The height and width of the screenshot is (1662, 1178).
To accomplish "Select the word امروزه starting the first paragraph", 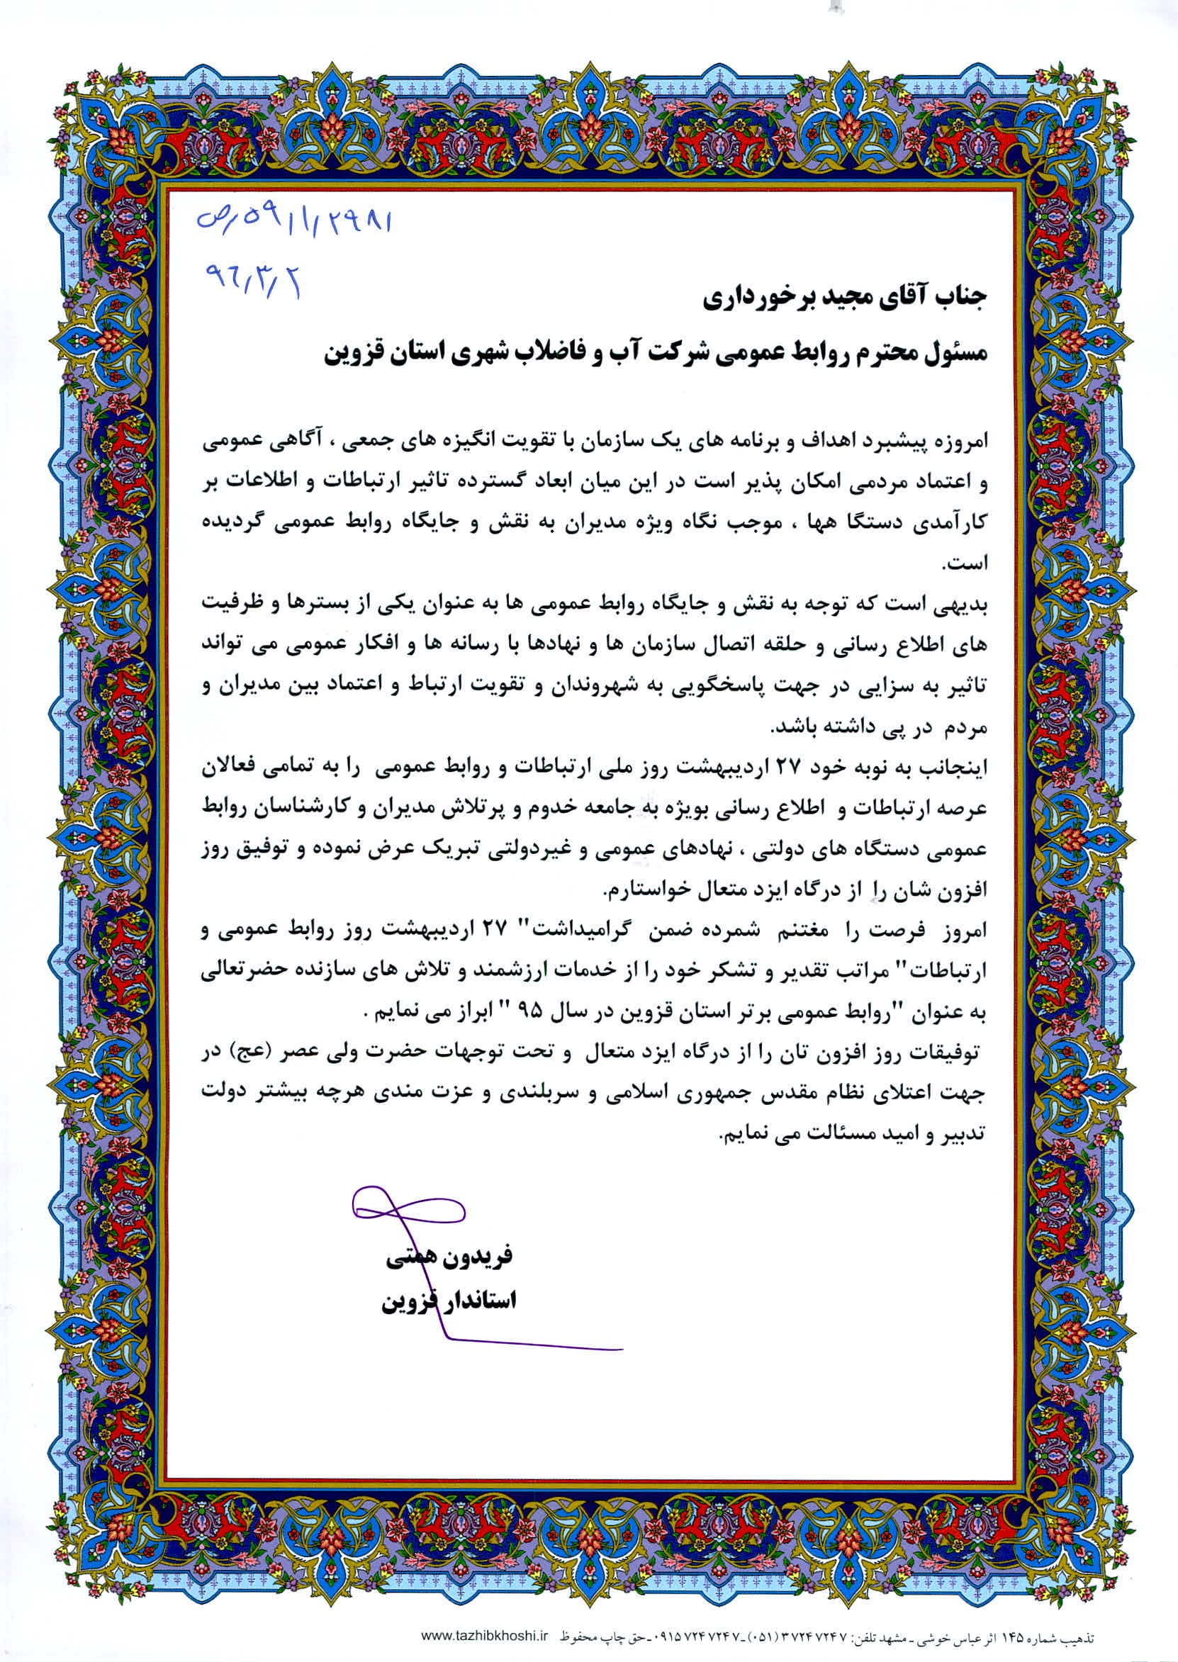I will (958, 439).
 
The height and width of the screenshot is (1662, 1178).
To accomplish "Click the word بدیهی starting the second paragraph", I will (963, 603).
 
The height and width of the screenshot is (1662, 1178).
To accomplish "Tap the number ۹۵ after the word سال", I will (542, 1013).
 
